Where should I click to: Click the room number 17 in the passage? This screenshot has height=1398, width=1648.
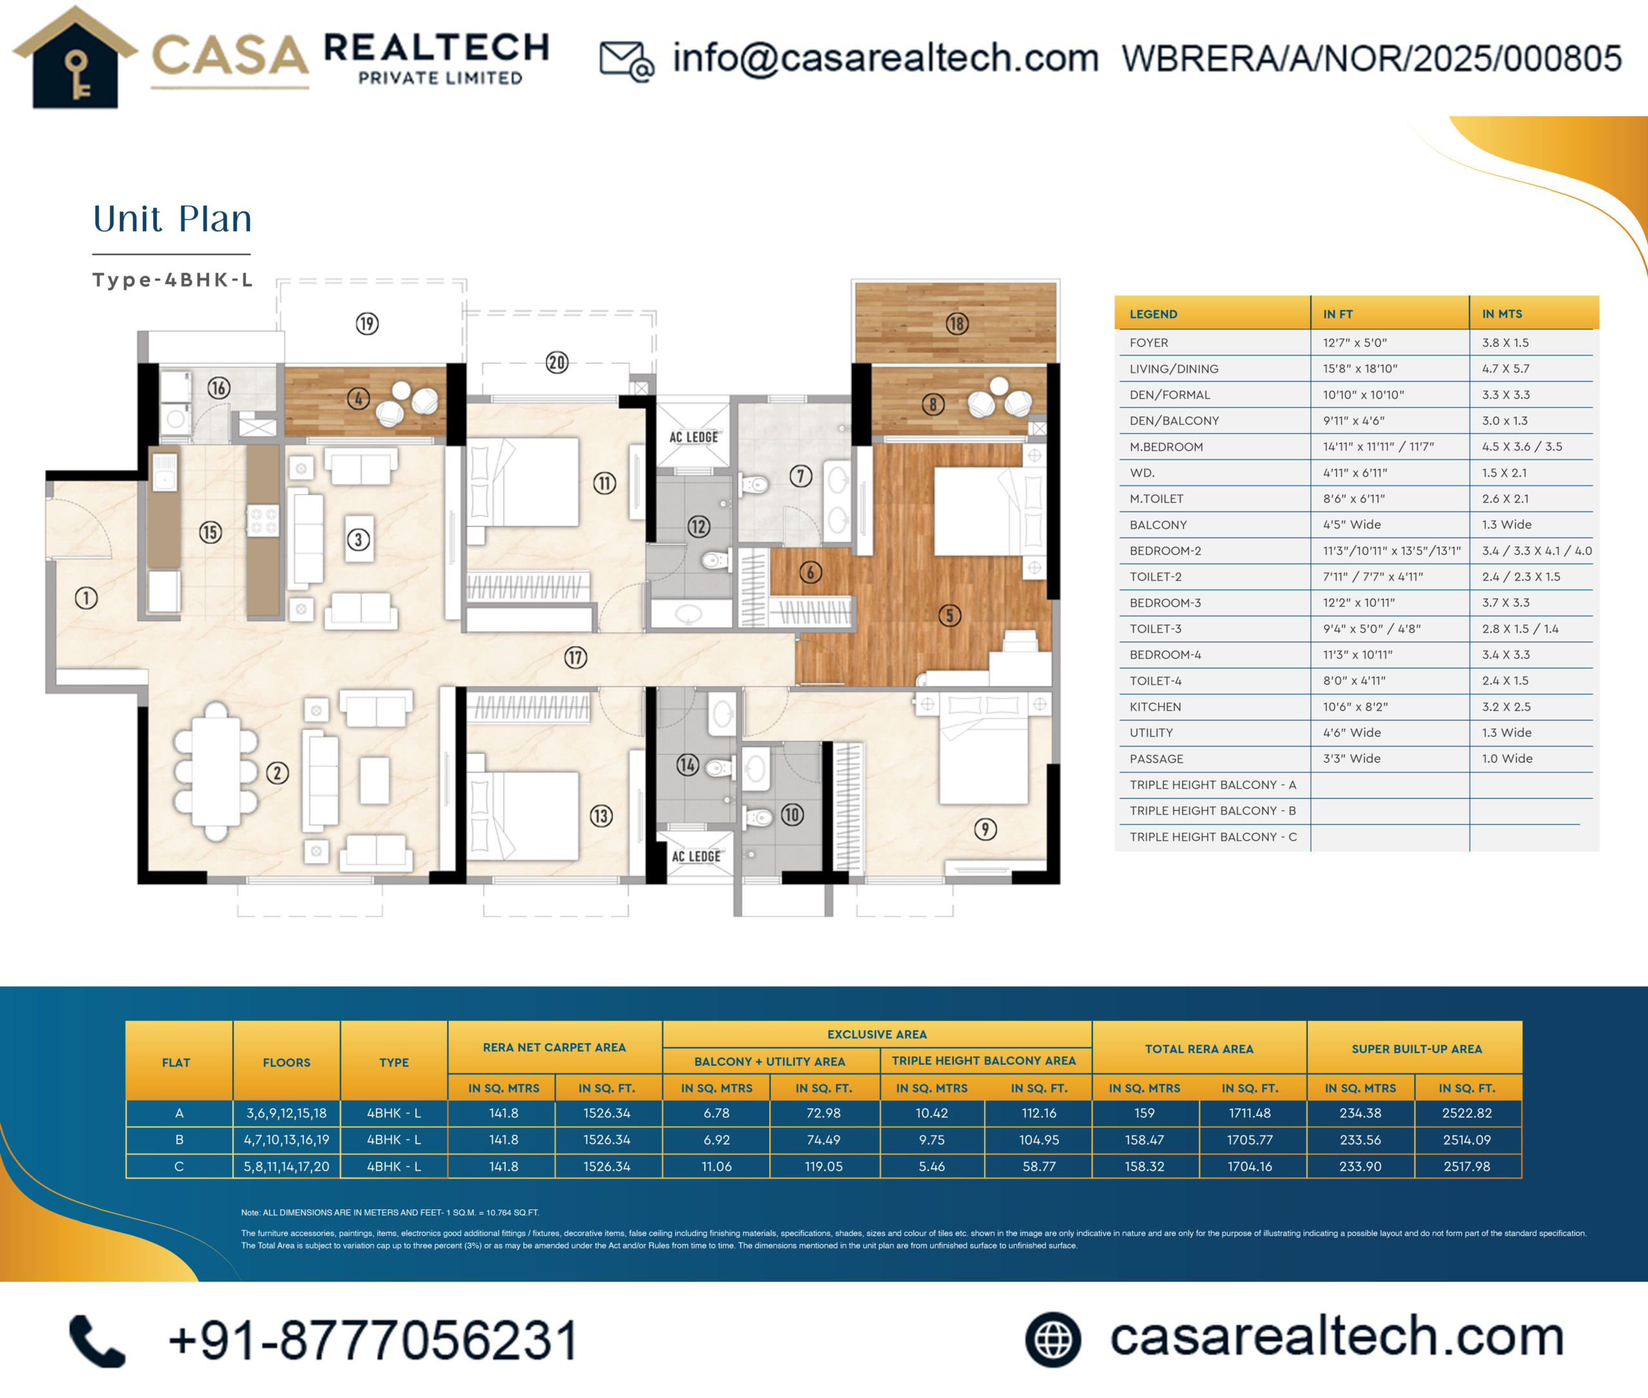click(576, 657)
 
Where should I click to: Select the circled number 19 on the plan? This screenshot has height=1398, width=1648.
click(367, 323)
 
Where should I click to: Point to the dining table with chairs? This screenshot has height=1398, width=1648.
click(216, 770)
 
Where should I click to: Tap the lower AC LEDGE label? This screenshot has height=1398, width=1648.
click(696, 856)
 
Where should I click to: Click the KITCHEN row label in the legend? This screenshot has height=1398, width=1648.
click(1155, 707)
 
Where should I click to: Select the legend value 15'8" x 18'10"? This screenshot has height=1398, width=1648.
click(1360, 369)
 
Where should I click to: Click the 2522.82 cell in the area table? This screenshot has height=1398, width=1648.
click(1466, 1113)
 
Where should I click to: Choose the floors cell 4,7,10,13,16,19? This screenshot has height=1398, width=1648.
click(286, 1140)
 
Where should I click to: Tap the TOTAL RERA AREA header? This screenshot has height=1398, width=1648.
click(1199, 1048)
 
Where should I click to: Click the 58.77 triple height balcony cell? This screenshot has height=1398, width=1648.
click(1038, 1166)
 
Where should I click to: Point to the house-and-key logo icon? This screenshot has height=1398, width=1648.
click(75, 58)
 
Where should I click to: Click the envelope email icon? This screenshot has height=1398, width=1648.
click(627, 61)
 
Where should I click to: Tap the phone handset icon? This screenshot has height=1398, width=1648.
click(97, 1341)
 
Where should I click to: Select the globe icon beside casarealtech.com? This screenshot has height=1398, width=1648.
click(1053, 1339)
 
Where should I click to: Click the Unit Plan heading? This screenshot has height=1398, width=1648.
click(172, 219)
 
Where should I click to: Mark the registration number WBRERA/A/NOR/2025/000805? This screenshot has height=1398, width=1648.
click(1371, 59)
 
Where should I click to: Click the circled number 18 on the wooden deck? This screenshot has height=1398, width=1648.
click(957, 323)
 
